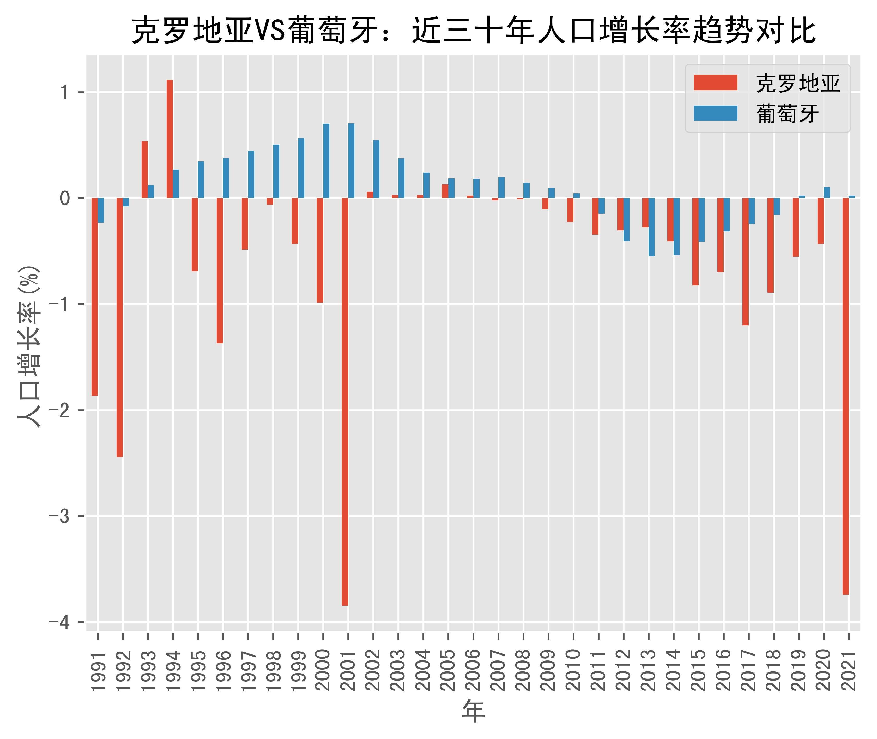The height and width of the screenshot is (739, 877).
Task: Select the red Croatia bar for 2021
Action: [x=846, y=396]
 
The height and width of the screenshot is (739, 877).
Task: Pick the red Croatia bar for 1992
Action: [x=120, y=327]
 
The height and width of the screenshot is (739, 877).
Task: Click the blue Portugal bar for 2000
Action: [x=326, y=161]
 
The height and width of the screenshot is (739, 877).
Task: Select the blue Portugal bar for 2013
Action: [x=652, y=227]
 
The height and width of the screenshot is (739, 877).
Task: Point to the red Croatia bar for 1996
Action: [x=220, y=270]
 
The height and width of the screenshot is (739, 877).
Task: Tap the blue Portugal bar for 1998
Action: [x=276, y=171]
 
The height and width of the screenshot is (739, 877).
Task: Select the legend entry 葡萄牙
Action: [x=787, y=113]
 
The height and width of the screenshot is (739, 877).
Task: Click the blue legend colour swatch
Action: [x=715, y=113]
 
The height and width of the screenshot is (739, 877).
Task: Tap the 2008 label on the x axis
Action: [x=524, y=670]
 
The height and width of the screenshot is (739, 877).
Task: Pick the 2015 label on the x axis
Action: [x=699, y=670]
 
